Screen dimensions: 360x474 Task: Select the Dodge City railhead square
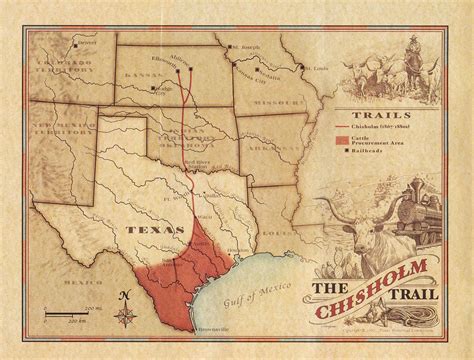tap(154, 88)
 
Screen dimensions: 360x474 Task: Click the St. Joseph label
tap(246, 47)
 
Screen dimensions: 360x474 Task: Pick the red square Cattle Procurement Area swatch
tap(343, 142)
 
